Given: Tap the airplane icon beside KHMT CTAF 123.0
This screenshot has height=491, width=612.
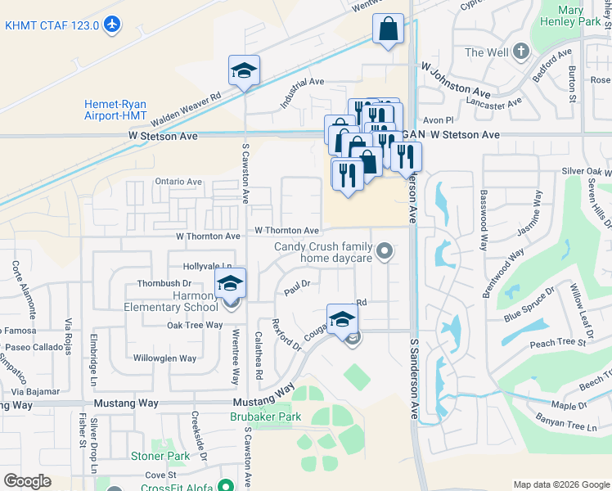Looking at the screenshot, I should tap(113, 25).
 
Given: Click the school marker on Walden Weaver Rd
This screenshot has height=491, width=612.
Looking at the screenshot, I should tap(244, 71).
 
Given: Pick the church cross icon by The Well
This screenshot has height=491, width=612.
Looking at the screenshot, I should tap(520, 52).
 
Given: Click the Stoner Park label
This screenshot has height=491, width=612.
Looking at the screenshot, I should tap(160, 456).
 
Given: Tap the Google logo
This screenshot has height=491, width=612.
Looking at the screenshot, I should tap(27, 481).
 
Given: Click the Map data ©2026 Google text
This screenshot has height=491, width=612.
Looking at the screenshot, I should tap(560, 484).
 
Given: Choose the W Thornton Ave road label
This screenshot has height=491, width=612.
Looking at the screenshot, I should tap(286, 232).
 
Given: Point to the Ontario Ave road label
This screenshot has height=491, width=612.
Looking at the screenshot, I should tap(178, 182).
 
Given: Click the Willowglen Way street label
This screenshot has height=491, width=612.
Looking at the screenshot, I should tap(164, 358).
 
